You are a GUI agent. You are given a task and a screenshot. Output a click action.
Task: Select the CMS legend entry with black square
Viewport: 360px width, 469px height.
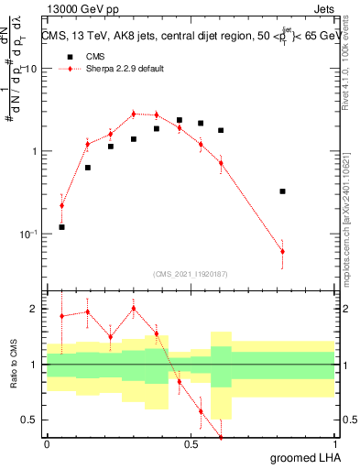83,56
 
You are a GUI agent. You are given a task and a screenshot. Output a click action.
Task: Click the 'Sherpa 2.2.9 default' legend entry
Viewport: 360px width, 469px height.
110,70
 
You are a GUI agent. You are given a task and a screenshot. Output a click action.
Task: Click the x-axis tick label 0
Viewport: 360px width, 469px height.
47,444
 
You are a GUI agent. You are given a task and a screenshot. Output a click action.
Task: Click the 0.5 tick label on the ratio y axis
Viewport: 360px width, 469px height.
32,420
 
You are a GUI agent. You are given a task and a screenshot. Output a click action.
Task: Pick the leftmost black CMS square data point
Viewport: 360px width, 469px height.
61,226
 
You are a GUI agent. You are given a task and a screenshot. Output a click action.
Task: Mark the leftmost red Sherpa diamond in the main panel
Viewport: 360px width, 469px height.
61,205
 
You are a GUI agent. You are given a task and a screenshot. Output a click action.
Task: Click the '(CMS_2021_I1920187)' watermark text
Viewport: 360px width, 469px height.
190,274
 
